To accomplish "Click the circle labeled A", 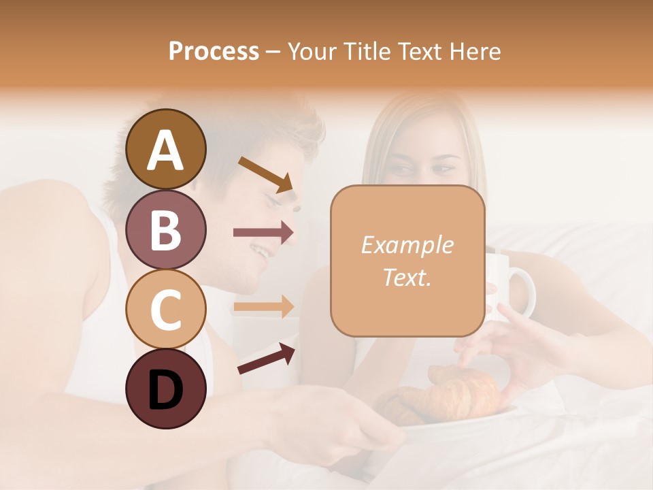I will coord(166,149).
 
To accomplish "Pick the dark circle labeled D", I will coord(166,389).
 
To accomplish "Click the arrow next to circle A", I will coord(265,174).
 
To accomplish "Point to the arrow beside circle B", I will coord(264,233).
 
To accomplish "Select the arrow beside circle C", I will coord(264,306).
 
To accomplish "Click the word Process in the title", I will coord(214,52).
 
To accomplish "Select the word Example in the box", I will coord(407,245).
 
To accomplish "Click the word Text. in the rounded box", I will coord(407,277).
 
